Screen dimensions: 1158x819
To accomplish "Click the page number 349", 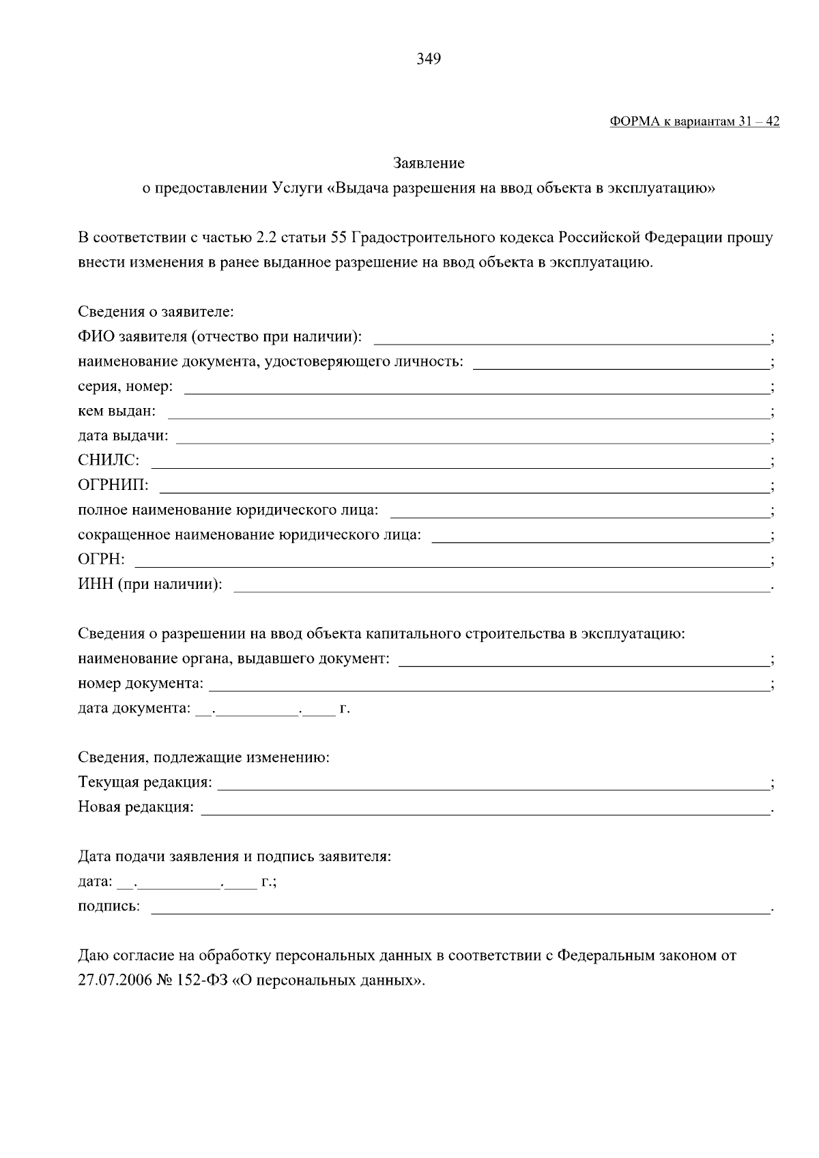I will (x=429, y=59).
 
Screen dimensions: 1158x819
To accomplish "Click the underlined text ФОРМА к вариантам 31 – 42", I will (x=694, y=121).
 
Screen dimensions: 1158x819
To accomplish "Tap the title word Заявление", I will (x=429, y=163).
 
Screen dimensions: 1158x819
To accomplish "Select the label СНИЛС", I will (x=109, y=460).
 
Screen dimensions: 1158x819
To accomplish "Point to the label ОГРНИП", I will (x=113, y=485).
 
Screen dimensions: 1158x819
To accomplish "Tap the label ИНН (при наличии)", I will (x=150, y=584).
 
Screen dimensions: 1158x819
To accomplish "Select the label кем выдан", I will (x=117, y=411).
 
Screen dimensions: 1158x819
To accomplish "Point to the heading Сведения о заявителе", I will (x=156, y=312).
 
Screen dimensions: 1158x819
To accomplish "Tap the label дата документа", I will (x=134, y=708).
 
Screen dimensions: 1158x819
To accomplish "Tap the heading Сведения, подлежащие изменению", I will (x=203, y=757).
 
